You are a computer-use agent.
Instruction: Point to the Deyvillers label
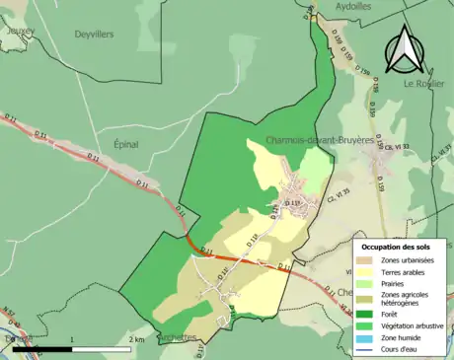[94, 34]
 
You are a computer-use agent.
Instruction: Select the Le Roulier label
[422, 84]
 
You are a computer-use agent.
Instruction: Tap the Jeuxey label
[19, 31]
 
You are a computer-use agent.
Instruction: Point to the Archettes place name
[178, 335]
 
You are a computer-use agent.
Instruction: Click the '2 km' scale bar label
[136, 339]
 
